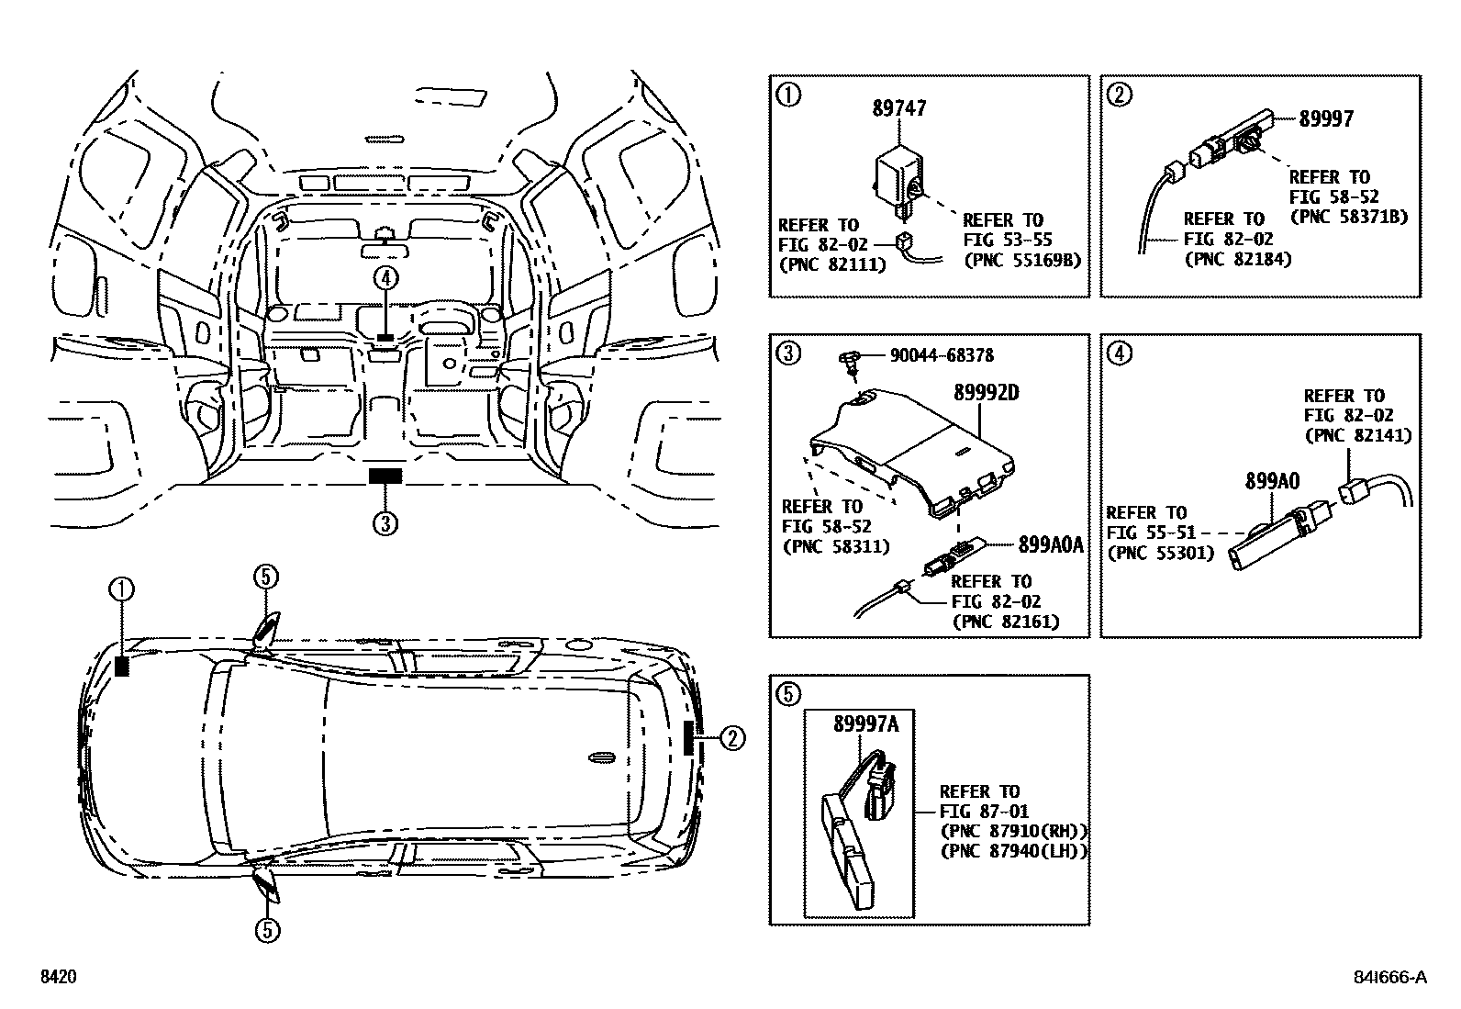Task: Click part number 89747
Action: click(x=899, y=109)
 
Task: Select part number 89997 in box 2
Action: click(x=1326, y=119)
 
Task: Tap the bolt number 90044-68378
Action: click(x=941, y=355)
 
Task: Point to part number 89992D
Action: click(x=987, y=393)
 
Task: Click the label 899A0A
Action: click(x=1051, y=545)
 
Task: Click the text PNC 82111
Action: click(x=832, y=264)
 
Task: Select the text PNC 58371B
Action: click(x=1348, y=218)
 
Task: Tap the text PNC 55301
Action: click(x=1161, y=554)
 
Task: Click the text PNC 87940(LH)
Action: click(x=1014, y=851)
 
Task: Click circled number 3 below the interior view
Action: click(x=385, y=523)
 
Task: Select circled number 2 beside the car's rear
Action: click(x=731, y=737)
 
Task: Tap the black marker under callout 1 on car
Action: click(x=122, y=666)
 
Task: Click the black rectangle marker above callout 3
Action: click(x=385, y=475)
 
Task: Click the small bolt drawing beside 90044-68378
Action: click(x=850, y=361)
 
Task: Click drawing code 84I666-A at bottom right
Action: click(x=1393, y=978)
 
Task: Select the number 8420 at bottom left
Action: click(x=56, y=978)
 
